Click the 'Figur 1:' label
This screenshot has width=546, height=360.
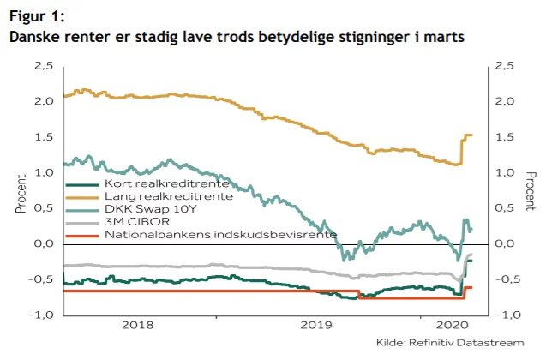[x=36, y=17]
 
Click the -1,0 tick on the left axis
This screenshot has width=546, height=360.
[x=43, y=315]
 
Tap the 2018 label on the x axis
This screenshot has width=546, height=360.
[x=138, y=326]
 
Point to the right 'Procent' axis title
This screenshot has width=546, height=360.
[x=531, y=190]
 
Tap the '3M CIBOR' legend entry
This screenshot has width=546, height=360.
[x=134, y=222]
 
